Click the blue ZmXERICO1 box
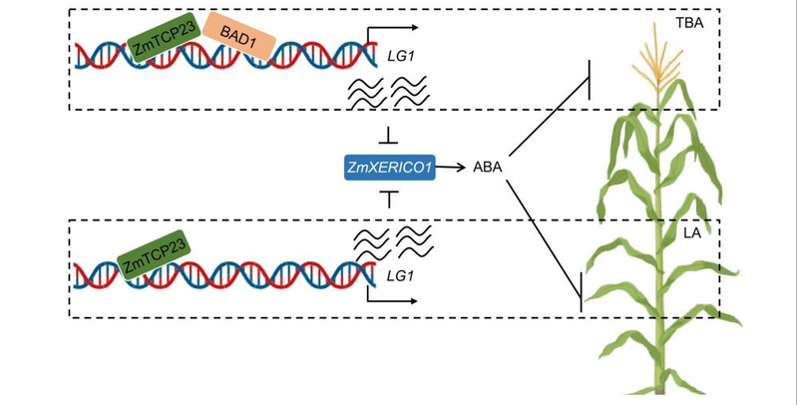388,170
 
